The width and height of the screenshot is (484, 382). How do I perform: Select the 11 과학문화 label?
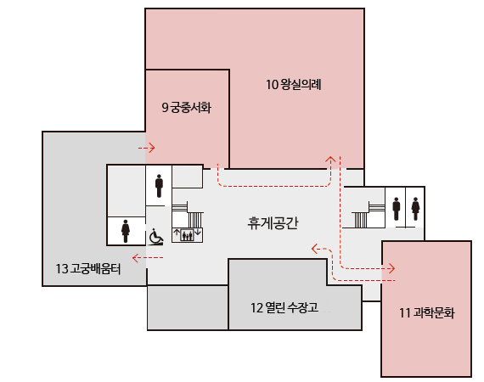tap(426, 313)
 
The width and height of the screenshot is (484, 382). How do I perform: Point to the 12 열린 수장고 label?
tap(284, 306)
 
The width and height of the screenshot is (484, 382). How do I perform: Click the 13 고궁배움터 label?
tap(88, 269)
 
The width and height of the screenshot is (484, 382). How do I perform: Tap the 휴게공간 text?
tap(273, 223)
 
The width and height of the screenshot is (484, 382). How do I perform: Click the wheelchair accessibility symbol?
tap(156, 236)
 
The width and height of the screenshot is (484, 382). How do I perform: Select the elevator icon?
tap(187, 233)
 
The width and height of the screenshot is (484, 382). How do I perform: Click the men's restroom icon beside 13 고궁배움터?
tap(159, 184)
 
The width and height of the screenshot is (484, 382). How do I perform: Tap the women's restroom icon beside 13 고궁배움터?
tap(126, 230)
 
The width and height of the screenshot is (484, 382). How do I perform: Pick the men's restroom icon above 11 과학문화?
tap(397, 207)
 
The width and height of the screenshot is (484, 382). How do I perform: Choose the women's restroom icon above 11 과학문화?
tap(415, 207)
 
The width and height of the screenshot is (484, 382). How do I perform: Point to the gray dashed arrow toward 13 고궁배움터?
tap(135, 256)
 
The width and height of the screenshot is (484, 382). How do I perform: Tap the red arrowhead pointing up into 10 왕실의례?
tap(332, 158)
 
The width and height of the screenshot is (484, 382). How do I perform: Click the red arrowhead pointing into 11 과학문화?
tap(391, 268)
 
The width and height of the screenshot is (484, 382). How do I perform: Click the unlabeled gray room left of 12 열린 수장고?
tap(188, 307)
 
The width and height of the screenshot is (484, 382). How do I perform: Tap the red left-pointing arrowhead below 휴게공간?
tap(315, 249)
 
